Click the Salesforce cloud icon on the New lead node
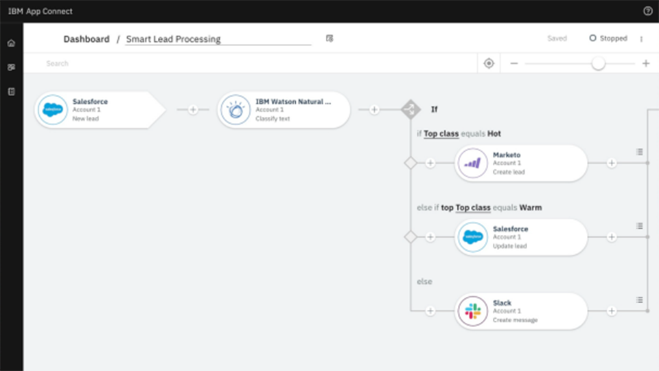pyautogui.click(x=53, y=110)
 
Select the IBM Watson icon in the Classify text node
pyautogui.click(x=235, y=110)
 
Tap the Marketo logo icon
pyautogui.click(x=473, y=164)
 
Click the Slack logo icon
pyautogui.click(x=473, y=311)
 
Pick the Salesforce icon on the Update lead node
pyautogui.click(x=473, y=237)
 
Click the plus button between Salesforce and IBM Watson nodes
pyautogui.click(x=193, y=110)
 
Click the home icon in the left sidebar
pyautogui.click(x=12, y=43)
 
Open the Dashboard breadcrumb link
pyautogui.click(x=86, y=39)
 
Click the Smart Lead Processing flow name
pyautogui.click(x=173, y=39)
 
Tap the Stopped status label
pyautogui.click(x=613, y=38)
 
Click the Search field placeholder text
pyautogui.click(x=57, y=63)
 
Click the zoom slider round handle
pyautogui.click(x=598, y=63)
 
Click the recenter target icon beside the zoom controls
pyautogui.click(x=489, y=63)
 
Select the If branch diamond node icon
pyautogui.click(x=411, y=109)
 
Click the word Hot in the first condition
pyautogui.click(x=494, y=134)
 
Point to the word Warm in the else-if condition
pyautogui.click(x=531, y=207)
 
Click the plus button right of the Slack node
pyautogui.click(x=612, y=311)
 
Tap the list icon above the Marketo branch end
pyautogui.click(x=639, y=152)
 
